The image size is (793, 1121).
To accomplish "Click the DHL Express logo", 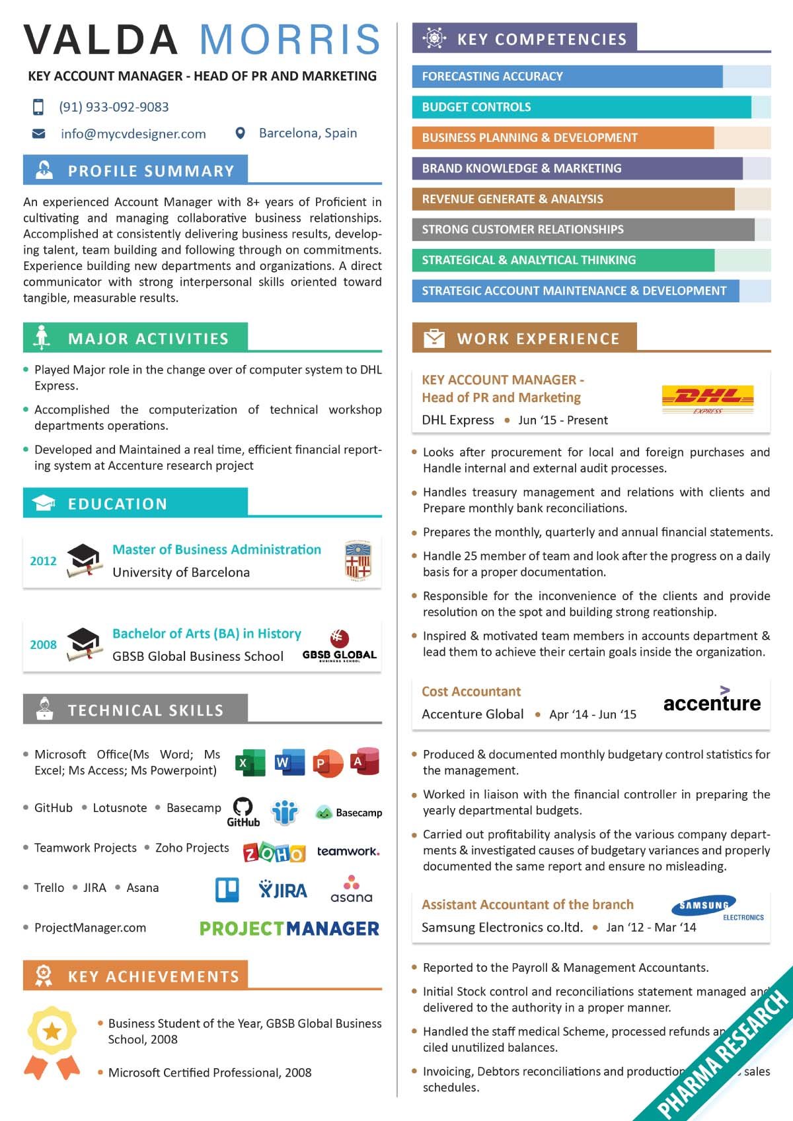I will click(707, 399).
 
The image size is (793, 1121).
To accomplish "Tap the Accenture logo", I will click(712, 701).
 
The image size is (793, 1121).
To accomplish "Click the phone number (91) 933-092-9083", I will click(114, 107).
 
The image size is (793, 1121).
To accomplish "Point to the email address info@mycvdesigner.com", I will click(133, 134).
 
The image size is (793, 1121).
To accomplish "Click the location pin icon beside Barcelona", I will click(241, 133).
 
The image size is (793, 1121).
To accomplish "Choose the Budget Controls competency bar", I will click(582, 107).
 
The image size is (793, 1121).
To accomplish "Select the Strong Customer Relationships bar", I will click(583, 230).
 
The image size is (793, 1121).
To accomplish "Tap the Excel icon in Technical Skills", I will click(250, 763).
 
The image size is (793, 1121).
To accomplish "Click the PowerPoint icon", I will click(328, 763).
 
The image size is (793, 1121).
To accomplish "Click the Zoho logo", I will click(274, 853).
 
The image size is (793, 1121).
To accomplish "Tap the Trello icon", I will click(227, 890).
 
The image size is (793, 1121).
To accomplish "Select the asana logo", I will click(352, 890).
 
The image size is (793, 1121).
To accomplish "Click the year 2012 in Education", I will click(43, 561).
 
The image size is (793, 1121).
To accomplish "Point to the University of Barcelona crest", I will click(358, 560).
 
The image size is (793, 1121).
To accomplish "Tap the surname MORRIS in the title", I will click(290, 40).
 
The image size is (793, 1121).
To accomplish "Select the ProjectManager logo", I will click(289, 928).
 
